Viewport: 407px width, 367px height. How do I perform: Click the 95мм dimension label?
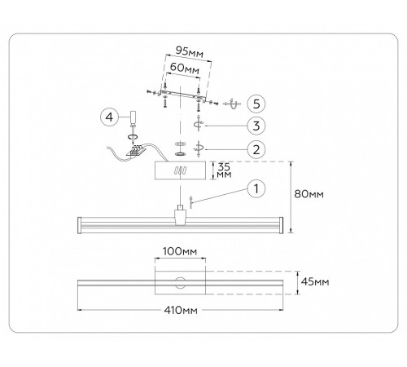[190, 51]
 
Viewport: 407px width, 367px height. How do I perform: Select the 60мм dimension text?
[185, 68]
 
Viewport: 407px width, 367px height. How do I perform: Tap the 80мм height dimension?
[309, 194]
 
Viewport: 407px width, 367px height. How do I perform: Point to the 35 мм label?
[225, 170]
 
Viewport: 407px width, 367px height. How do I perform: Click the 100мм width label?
[180, 251]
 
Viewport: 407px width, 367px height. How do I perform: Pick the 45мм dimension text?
[315, 282]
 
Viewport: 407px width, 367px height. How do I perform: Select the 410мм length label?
[181, 310]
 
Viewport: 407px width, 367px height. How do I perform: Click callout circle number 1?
[256, 188]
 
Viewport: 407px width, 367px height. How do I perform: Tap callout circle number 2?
[256, 149]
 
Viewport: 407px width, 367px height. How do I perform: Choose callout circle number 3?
[256, 126]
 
